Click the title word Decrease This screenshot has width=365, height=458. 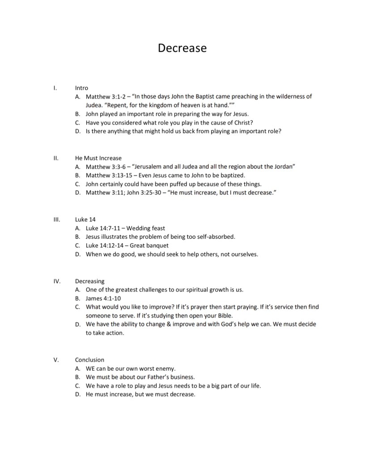182,48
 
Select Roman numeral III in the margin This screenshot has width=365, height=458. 56,220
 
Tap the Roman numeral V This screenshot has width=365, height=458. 56,360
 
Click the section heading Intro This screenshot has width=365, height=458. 81,88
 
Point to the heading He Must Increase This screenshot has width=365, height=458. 98,158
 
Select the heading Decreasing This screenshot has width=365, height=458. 89,281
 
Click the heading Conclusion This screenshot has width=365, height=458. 89,360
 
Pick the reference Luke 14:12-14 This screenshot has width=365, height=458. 105,246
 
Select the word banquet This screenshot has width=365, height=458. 156,246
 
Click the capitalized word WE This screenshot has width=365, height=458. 90,369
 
